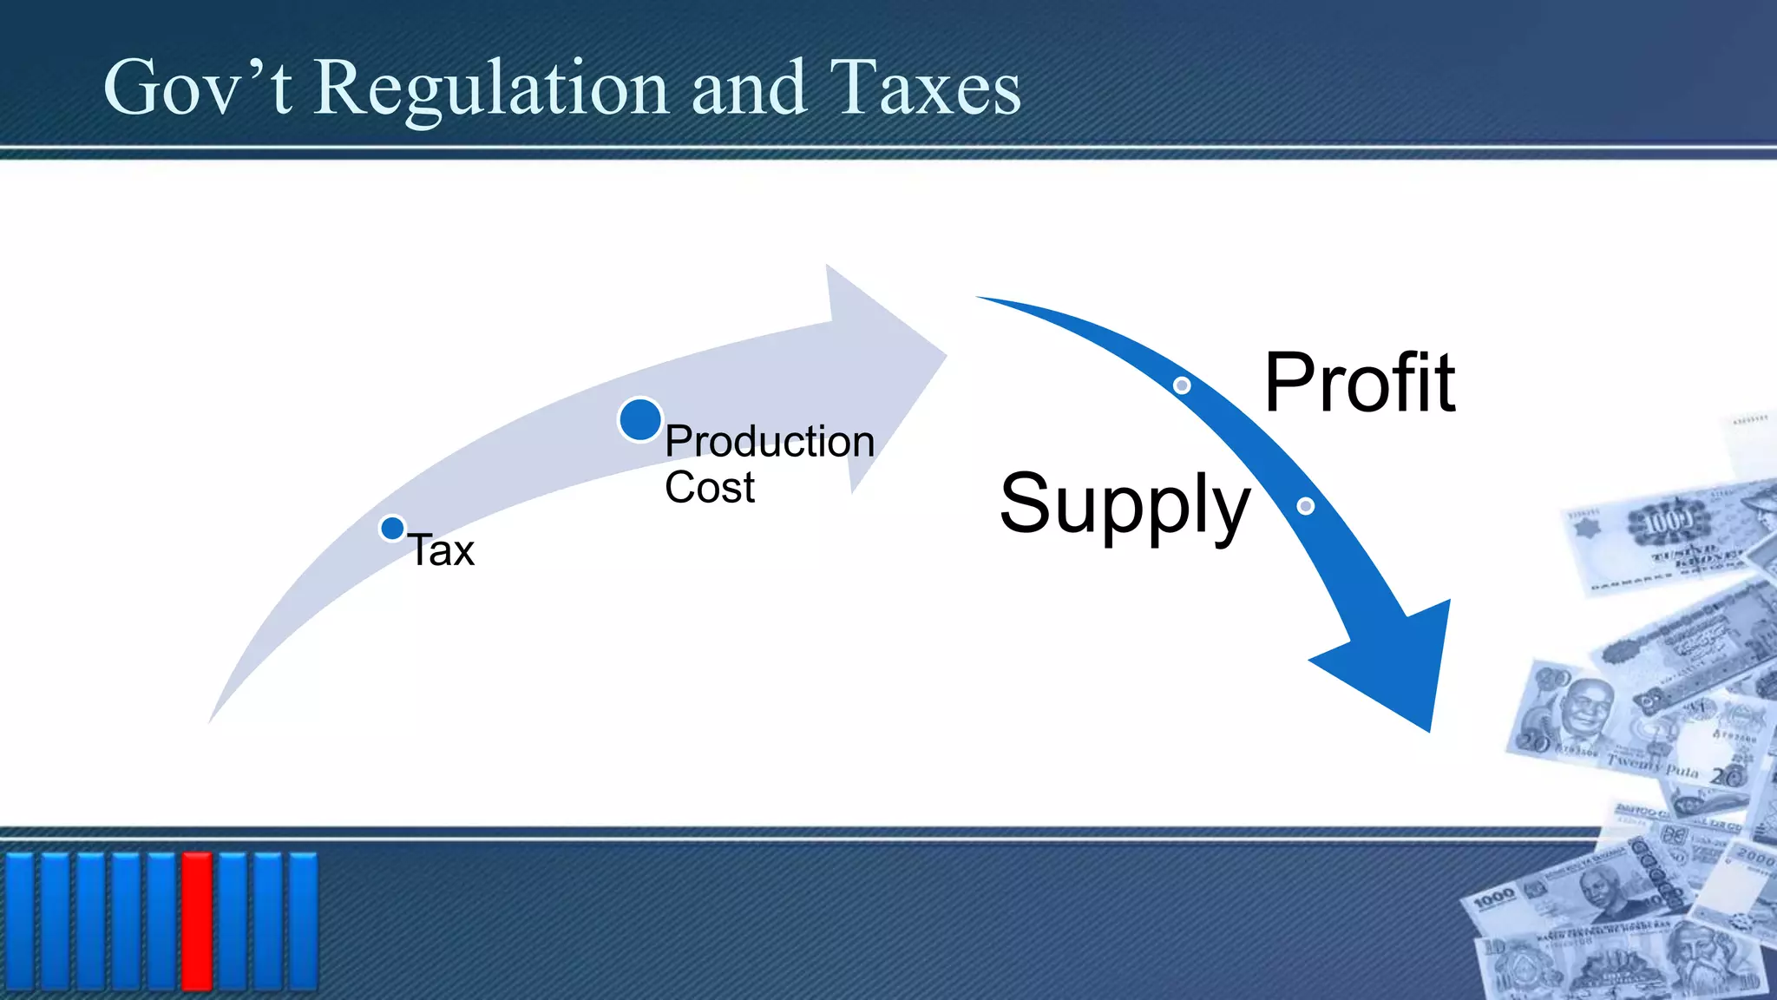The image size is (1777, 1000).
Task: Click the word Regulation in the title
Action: (490, 89)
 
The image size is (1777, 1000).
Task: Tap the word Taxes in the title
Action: (925, 89)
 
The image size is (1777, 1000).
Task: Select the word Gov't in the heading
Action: (198, 89)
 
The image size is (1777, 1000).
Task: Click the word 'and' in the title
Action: (748, 89)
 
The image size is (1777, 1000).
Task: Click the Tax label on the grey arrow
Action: (442, 550)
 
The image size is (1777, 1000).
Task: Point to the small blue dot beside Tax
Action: (392, 528)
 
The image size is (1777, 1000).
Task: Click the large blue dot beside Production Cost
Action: (640, 420)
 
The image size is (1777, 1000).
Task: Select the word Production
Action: (769, 442)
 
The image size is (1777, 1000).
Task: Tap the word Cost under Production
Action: (709, 488)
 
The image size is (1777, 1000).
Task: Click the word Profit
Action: (1359, 383)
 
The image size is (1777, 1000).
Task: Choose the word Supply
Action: (1125, 504)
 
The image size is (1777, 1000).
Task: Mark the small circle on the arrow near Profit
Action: (1182, 385)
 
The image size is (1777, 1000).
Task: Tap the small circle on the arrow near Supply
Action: (1305, 506)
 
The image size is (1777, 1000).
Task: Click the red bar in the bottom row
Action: (197, 920)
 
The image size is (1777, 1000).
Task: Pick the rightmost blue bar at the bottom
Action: (303, 920)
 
